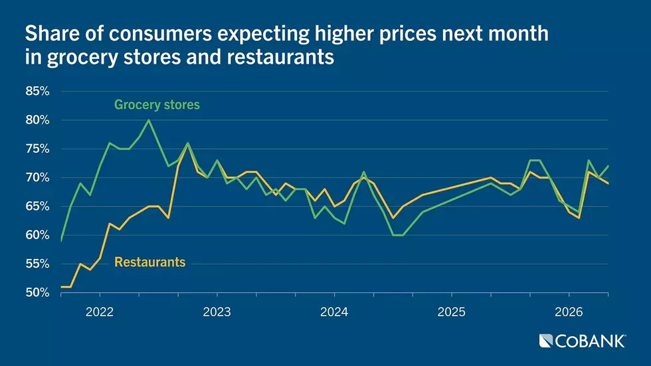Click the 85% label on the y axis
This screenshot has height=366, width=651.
click(x=37, y=91)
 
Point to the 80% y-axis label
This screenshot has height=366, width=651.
click(x=37, y=120)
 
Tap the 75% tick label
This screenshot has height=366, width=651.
click(x=37, y=149)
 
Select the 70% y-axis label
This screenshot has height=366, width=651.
click(x=37, y=177)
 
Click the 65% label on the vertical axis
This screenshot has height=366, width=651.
click(x=37, y=207)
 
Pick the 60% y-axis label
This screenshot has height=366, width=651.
click(x=37, y=235)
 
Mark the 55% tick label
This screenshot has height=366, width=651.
click(x=37, y=264)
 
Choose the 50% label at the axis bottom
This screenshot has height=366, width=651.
click(x=37, y=293)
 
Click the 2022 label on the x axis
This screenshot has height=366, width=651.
click(x=100, y=312)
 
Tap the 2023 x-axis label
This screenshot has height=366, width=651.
click(x=217, y=312)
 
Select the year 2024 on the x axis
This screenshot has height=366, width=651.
click(x=334, y=312)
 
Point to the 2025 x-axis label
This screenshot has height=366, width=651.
click(x=451, y=312)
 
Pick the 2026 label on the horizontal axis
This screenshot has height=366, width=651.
click(x=569, y=312)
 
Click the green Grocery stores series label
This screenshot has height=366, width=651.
click(x=157, y=104)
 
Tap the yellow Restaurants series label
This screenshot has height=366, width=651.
click(x=150, y=262)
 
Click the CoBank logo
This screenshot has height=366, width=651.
click(x=582, y=341)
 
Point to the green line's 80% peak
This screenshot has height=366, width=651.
click(x=149, y=120)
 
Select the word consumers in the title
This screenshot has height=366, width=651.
click(x=161, y=34)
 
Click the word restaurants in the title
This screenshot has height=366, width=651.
click(x=280, y=57)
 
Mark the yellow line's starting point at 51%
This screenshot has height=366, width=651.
click(x=61, y=287)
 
